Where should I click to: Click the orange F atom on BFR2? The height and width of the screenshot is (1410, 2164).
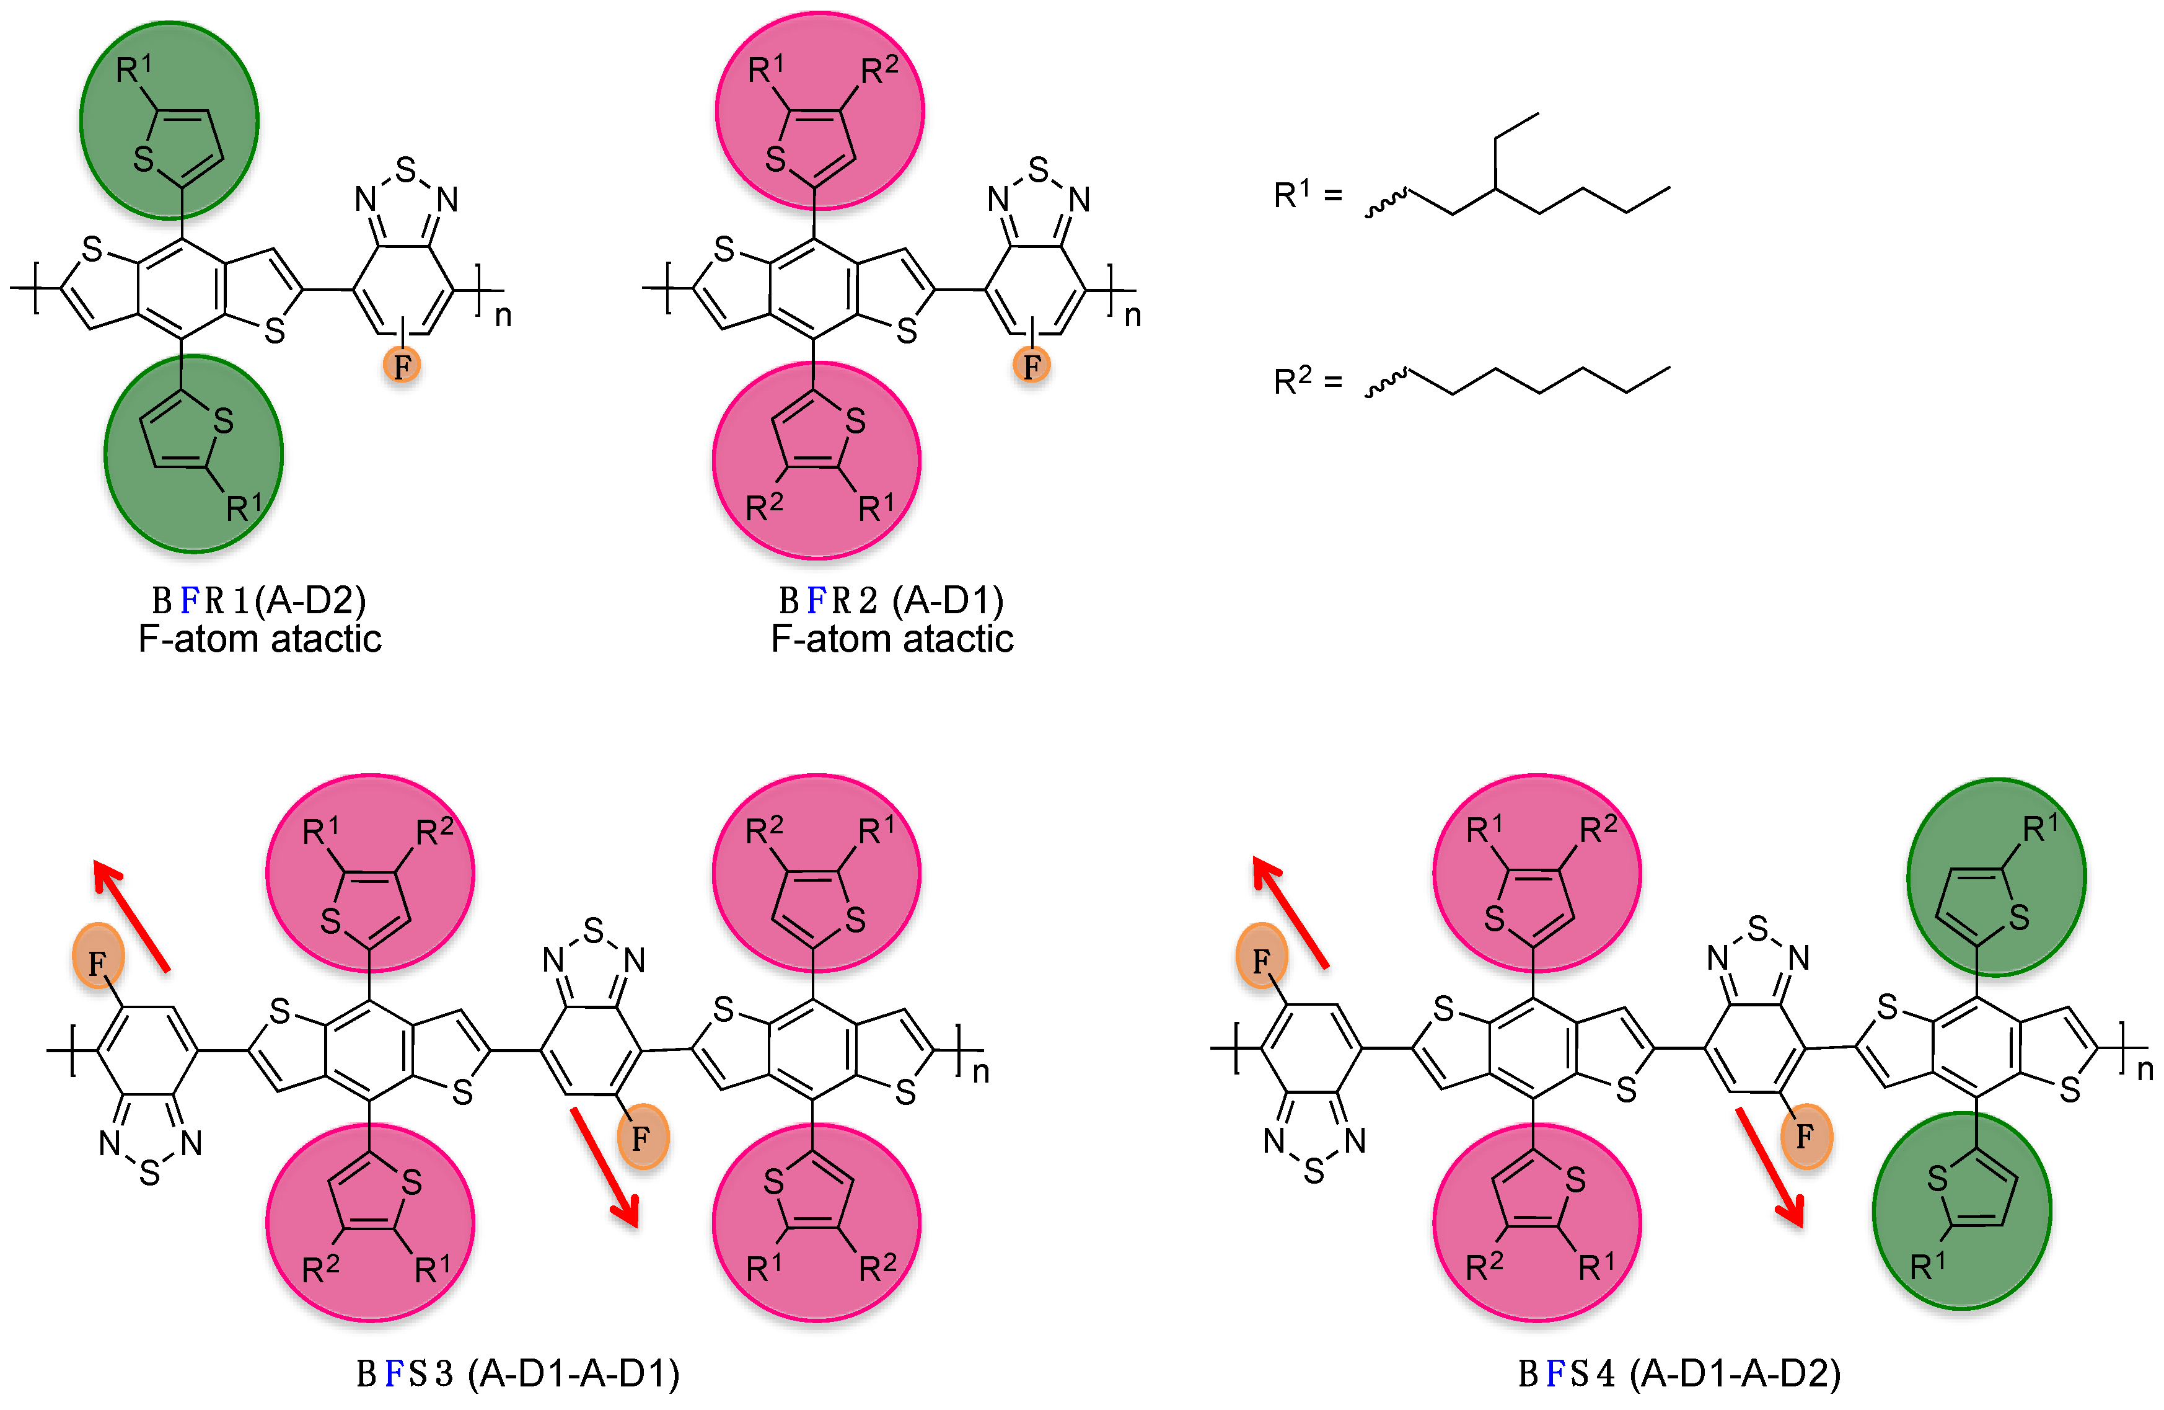[1032, 366]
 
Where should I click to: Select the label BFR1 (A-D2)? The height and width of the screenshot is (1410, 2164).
[259, 600]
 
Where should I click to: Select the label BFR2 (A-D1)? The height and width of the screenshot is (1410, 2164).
[891, 600]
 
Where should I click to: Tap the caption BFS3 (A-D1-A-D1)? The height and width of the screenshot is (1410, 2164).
[518, 1373]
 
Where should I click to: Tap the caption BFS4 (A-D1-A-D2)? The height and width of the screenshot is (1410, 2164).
[1679, 1373]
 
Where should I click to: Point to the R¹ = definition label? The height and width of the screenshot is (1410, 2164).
[1306, 193]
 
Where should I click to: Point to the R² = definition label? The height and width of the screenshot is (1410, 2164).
[1306, 380]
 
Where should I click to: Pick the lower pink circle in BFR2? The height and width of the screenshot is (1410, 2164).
[817, 459]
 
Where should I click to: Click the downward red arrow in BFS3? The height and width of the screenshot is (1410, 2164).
[605, 1167]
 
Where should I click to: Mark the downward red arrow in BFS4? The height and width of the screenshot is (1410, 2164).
[1769, 1167]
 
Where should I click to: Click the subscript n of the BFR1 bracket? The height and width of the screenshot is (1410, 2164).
[503, 316]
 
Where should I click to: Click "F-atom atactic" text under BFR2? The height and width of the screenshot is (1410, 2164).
[892, 639]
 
